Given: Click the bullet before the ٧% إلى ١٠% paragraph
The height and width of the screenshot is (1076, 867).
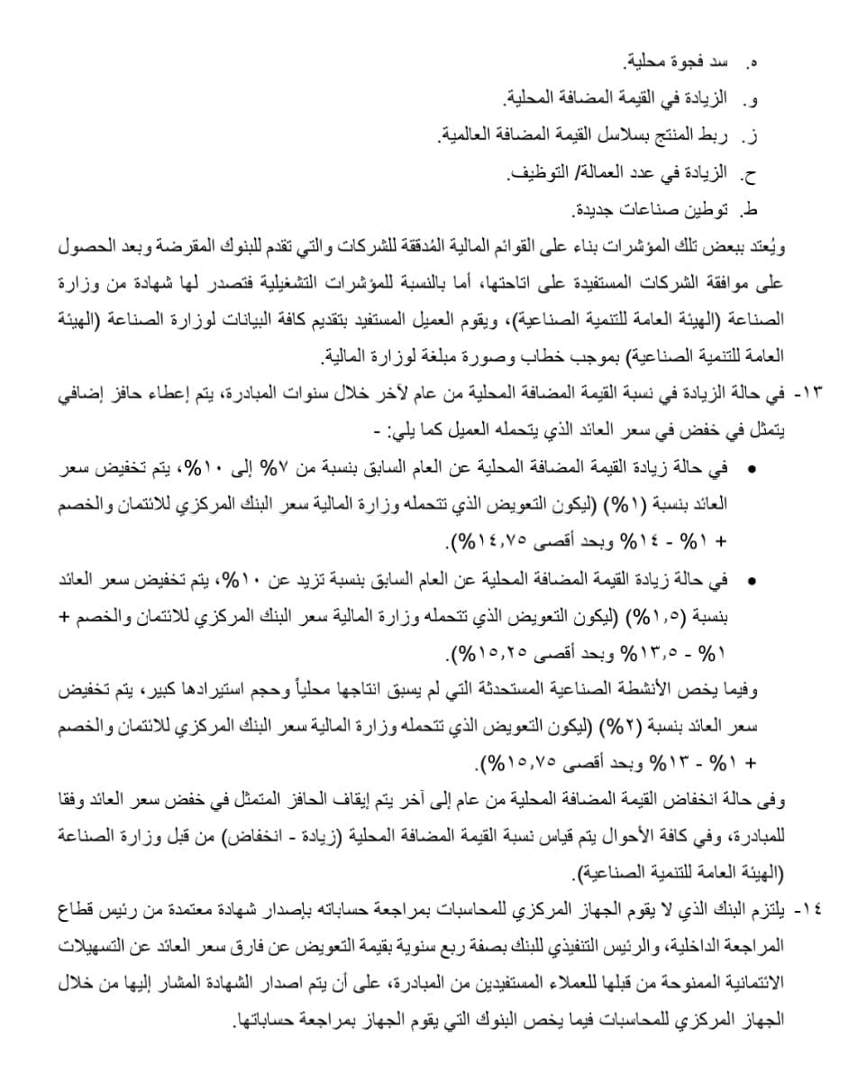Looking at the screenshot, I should click(x=753, y=469).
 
